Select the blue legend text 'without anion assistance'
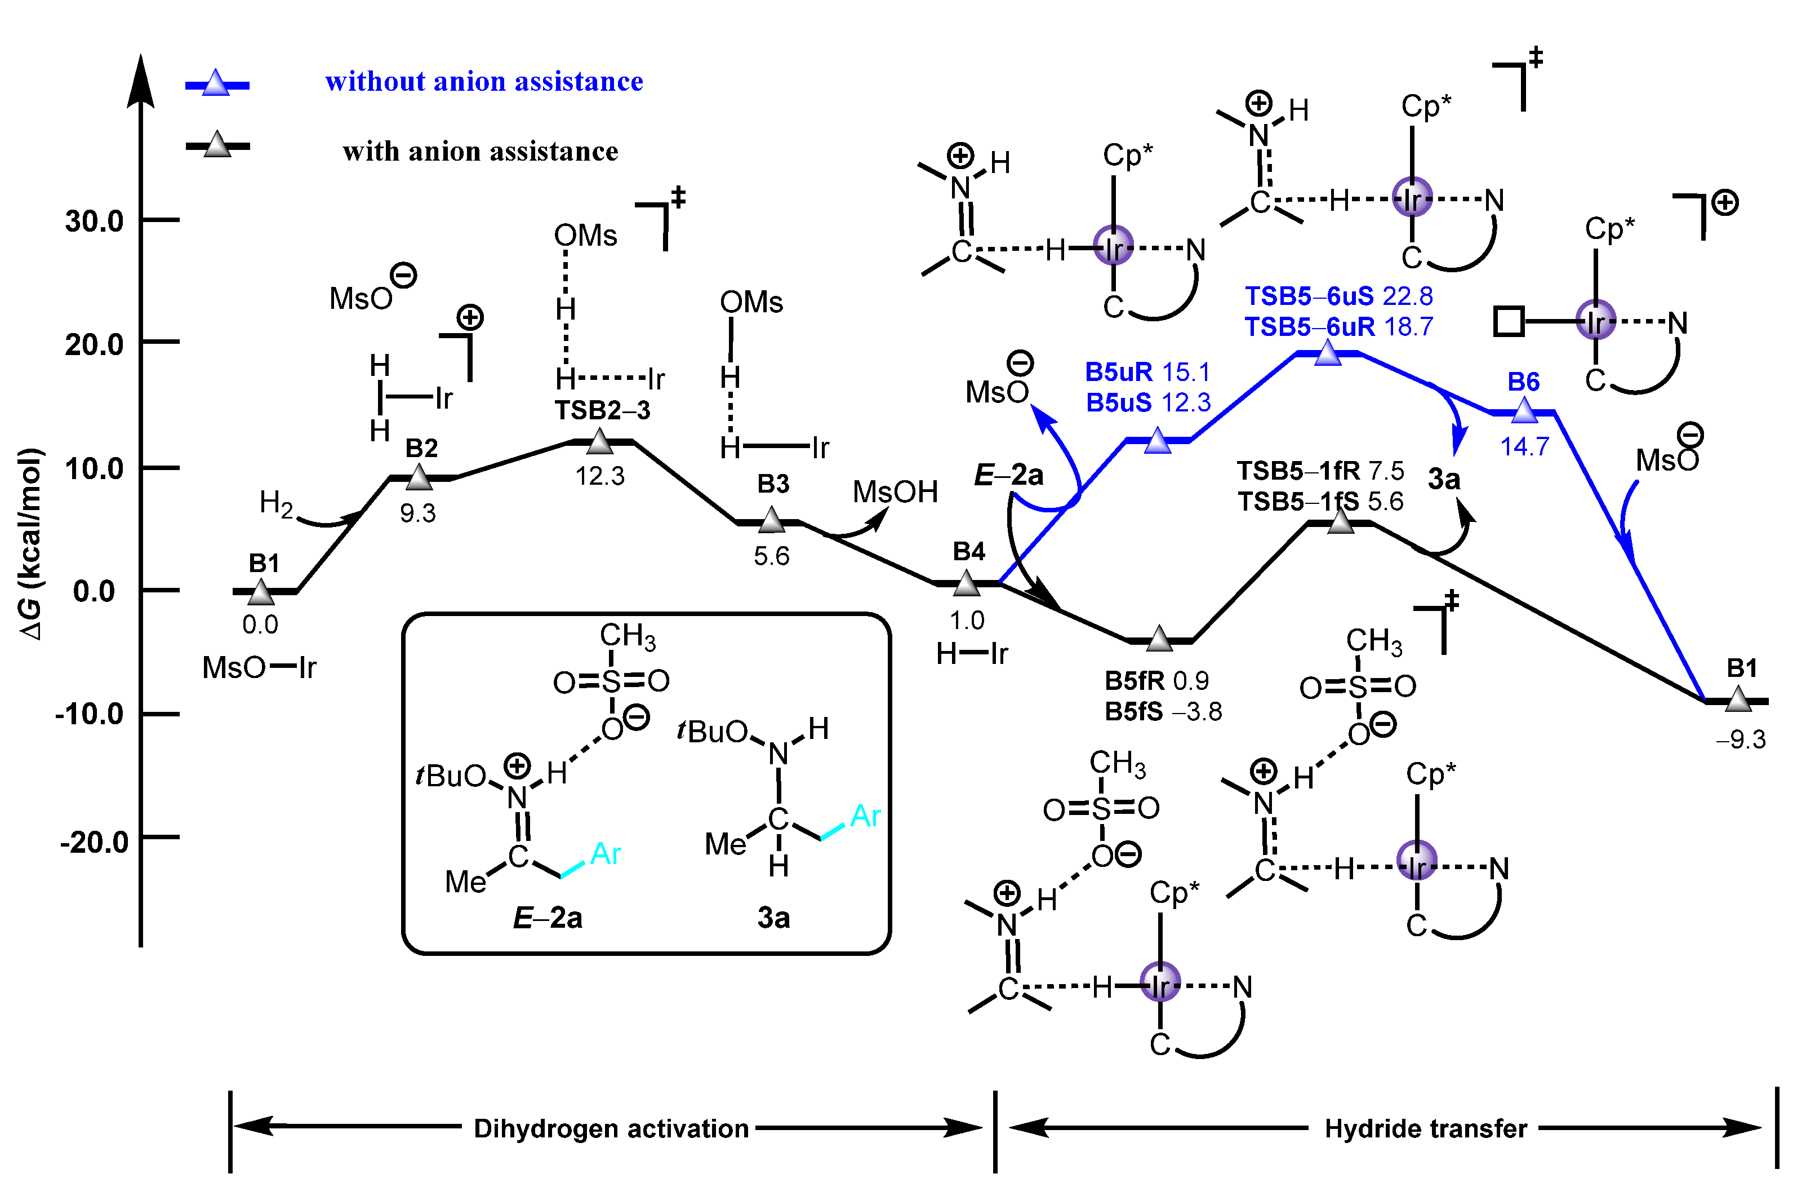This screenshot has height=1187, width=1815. click(483, 82)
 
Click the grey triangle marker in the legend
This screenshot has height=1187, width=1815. click(217, 144)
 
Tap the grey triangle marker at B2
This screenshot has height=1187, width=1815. click(419, 477)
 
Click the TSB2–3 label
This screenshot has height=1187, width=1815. click(602, 410)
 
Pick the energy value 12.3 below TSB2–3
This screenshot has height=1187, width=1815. click(599, 476)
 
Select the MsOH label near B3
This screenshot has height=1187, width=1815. click(895, 492)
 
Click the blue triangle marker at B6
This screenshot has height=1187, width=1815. click(1524, 411)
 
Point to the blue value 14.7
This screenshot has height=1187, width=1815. click(1524, 446)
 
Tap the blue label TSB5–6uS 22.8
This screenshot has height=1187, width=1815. click(1338, 296)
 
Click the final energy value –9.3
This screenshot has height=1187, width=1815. click(1741, 739)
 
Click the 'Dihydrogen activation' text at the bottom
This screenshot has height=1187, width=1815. click(611, 1128)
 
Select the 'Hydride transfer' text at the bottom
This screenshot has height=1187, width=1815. click(1425, 1128)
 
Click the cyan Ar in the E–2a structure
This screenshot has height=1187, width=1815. click(606, 854)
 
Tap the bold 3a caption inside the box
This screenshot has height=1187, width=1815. click(773, 918)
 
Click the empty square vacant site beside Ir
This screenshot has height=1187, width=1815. click(1509, 321)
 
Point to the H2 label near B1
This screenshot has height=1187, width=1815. click(276, 503)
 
